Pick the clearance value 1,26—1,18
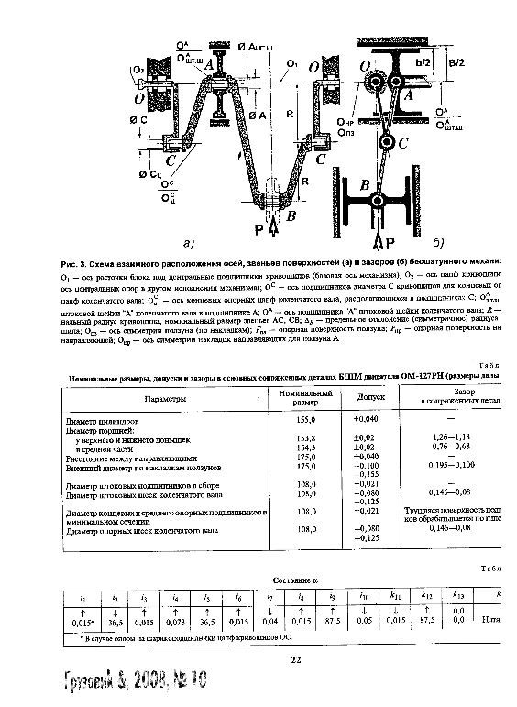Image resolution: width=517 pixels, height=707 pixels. [x=455, y=438]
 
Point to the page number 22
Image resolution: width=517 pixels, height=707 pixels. [x=295, y=658]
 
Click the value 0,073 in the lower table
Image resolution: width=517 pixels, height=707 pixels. [x=175, y=622]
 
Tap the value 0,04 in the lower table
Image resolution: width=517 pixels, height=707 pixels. [x=269, y=622]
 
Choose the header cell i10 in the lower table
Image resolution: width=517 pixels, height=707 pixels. [x=366, y=597]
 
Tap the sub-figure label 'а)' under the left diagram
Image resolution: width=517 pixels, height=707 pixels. [x=187, y=244]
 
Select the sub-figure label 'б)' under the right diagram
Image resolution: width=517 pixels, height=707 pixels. [x=436, y=244]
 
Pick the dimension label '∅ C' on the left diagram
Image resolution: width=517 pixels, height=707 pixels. [x=139, y=120]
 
